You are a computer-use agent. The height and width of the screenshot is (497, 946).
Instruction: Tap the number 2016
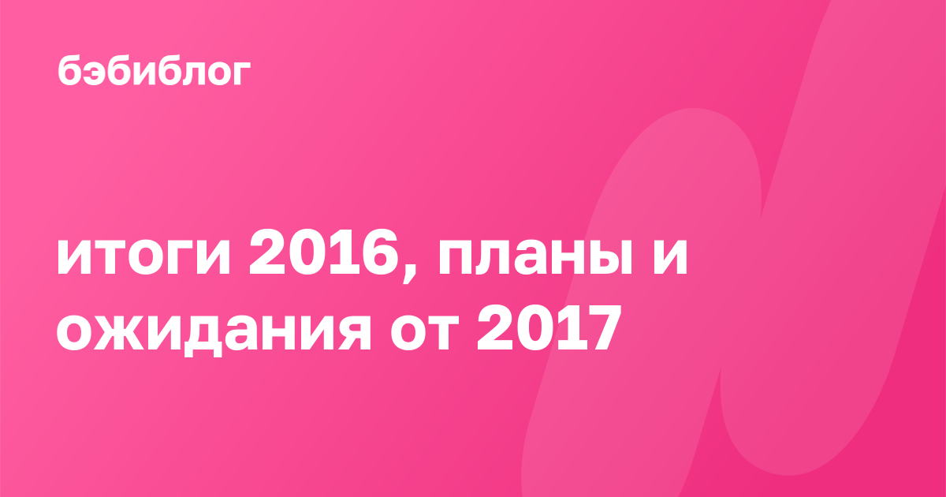[x=324, y=252]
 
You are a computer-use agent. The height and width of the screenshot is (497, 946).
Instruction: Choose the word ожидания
[x=214, y=332]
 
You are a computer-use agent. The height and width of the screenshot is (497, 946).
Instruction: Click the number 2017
[x=549, y=327]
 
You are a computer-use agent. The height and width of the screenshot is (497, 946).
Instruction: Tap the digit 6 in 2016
[x=380, y=252]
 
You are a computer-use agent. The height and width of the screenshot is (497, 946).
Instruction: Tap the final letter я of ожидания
[x=352, y=332]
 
